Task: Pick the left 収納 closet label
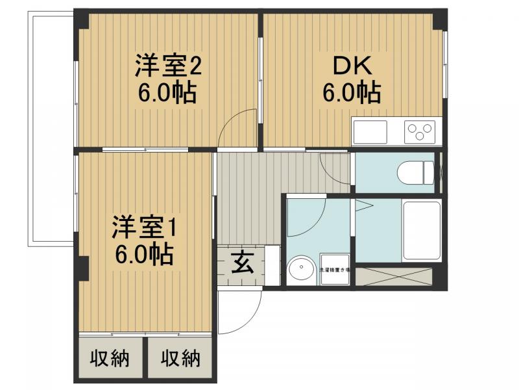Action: point(108,357)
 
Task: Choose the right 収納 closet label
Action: point(180,357)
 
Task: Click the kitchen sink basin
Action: point(369,132)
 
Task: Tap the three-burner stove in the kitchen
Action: point(420,132)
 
